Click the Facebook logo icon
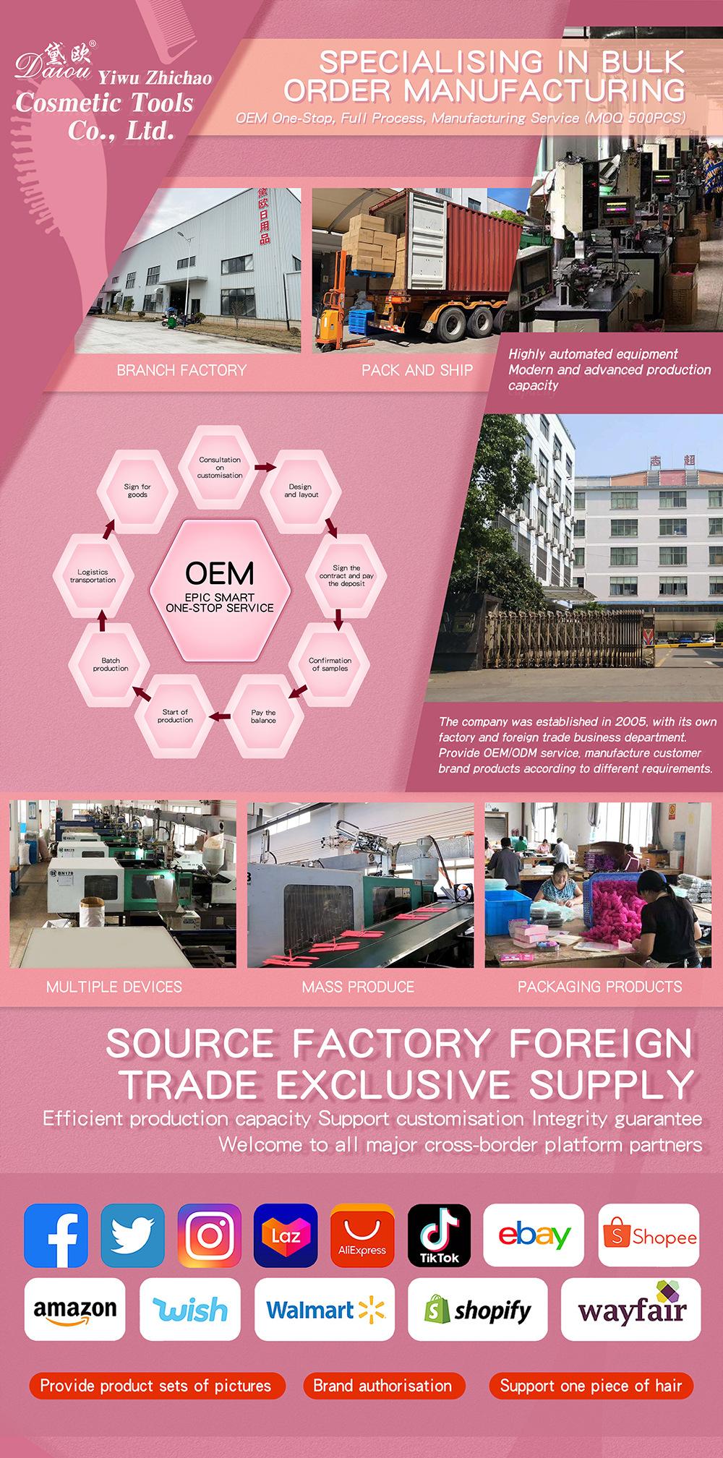[56, 1235]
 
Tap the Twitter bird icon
[132, 1235]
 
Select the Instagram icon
[210, 1235]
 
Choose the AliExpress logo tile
[362, 1235]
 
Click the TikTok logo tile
[440, 1235]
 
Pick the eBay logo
[534, 1235]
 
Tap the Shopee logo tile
[649, 1235]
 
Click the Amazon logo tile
[75, 1309]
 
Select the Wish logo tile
[190, 1309]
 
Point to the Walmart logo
[325, 1309]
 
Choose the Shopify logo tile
[478, 1309]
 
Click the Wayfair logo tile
[631, 1309]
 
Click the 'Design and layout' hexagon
[301, 491]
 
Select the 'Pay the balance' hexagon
[263, 716]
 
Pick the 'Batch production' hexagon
[111, 664]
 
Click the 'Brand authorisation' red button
[382, 1386]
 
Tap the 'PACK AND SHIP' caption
[417, 370]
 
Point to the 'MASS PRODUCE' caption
[358, 987]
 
